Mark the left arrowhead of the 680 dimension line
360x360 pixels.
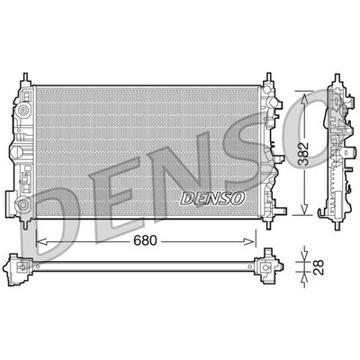[x=39, y=240]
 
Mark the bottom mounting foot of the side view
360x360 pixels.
[x=332, y=216]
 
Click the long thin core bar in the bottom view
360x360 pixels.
[x=144, y=267]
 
